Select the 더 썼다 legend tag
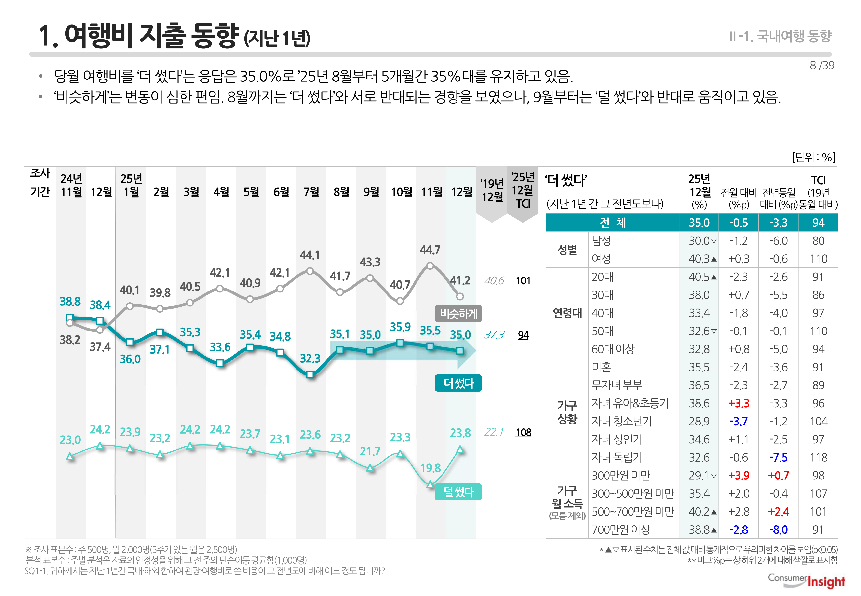click(x=458, y=383)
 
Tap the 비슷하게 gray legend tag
click(x=458, y=313)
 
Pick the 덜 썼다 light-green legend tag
click(x=458, y=491)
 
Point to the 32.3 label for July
click(x=310, y=358)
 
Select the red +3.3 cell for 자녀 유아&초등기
click(x=739, y=403)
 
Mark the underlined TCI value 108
click(x=523, y=432)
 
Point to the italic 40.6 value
click(x=494, y=280)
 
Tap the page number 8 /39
click(x=821, y=65)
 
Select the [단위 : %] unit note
click(x=813, y=157)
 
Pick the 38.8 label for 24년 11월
click(x=70, y=301)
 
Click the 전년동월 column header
click(x=779, y=193)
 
